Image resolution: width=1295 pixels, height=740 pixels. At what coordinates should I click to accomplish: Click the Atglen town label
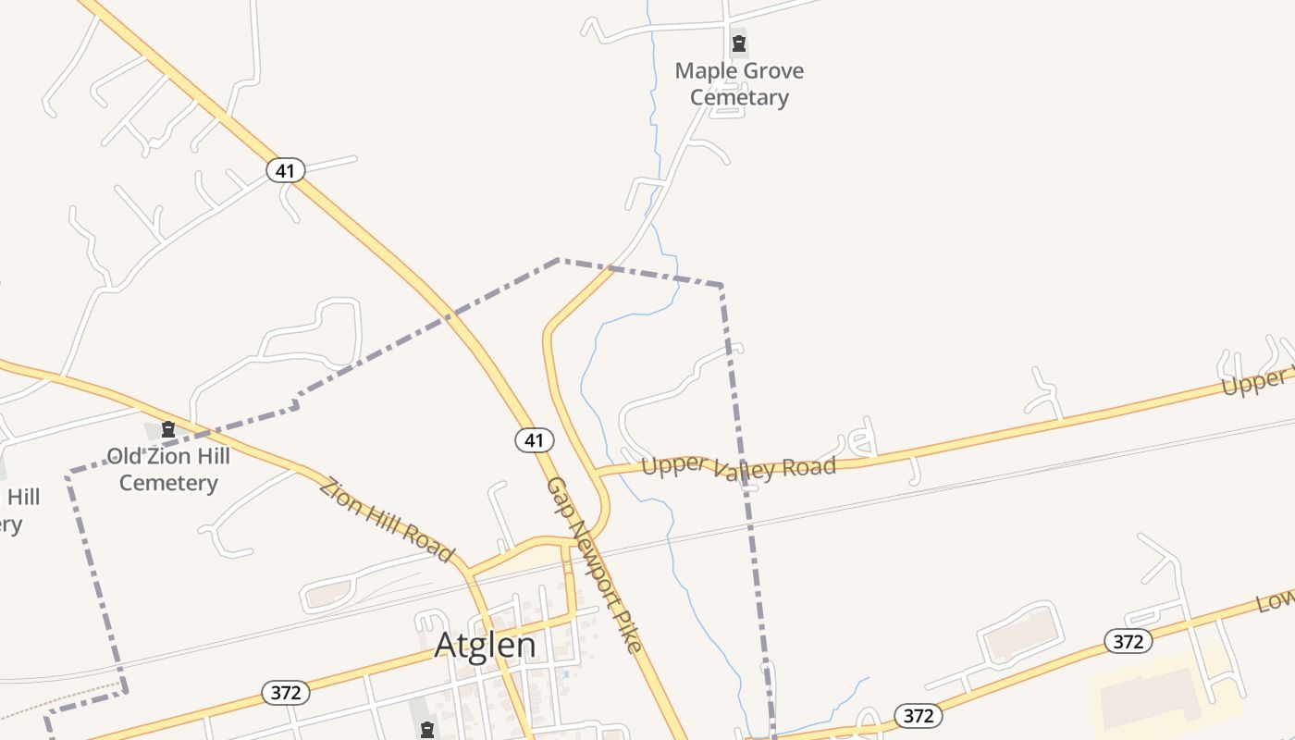(485, 645)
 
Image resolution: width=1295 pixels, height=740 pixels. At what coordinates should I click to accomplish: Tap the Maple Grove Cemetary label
(739, 84)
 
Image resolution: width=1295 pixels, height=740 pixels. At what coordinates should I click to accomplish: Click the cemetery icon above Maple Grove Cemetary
(739, 43)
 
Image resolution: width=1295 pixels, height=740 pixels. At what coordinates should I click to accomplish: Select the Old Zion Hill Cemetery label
(168, 469)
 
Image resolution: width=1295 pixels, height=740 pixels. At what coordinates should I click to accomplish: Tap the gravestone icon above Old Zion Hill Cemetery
(168, 429)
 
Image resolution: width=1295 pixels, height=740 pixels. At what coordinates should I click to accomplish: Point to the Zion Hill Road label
(387, 519)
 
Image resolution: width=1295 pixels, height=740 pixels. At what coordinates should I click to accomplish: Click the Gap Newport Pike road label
(594, 564)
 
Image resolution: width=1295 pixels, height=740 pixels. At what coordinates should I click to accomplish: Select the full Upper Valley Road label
(738, 467)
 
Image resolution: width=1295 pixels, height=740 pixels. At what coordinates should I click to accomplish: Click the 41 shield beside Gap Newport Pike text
(535, 440)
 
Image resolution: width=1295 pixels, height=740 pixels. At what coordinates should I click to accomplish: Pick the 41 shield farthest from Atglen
(285, 170)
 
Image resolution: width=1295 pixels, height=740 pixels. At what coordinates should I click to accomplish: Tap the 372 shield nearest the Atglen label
(285, 692)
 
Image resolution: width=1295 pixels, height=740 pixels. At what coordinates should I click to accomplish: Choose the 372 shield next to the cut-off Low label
(1128, 641)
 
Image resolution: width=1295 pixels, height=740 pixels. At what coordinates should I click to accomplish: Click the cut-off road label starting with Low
(1275, 601)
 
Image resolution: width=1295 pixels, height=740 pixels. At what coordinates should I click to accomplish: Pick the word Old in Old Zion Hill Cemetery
(126, 456)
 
